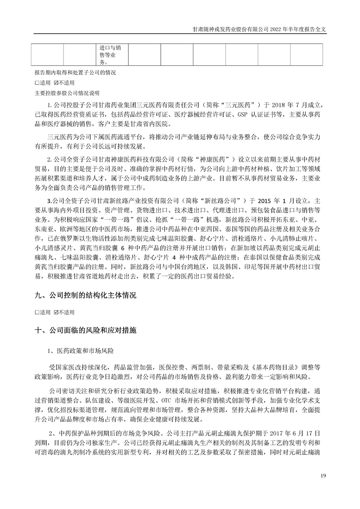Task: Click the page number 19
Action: pos(323,475)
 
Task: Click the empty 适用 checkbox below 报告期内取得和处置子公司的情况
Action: pos(37,83)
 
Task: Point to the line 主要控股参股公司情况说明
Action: pos(66,94)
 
